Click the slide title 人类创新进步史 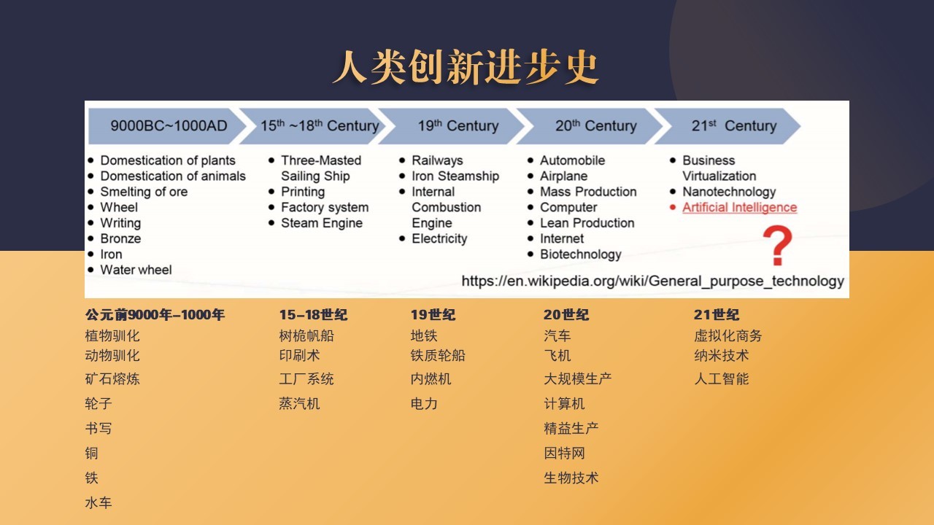466,66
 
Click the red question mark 777,245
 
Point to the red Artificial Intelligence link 739,208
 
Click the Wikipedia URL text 652,281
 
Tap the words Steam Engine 322,223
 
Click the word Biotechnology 580,254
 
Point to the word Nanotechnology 729,192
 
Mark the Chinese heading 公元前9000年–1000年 155,314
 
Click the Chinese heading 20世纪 566,314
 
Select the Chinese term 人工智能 722,378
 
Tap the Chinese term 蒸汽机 299,403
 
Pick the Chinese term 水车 99,502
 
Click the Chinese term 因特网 564,453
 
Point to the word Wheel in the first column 119,208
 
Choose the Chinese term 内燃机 431,378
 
